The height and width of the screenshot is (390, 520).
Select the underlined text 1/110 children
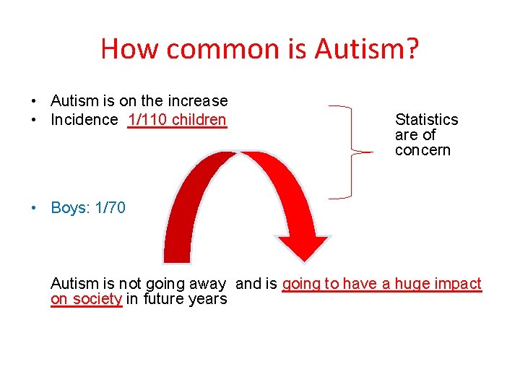click(177, 120)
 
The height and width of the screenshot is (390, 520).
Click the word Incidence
click(84, 120)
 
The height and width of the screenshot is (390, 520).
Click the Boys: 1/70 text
click(88, 208)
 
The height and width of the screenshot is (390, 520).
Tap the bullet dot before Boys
click(34, 209)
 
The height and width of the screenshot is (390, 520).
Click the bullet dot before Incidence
click(34, 121)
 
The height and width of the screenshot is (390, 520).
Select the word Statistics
click(426, 120)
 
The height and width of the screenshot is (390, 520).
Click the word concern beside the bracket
click(422, 150)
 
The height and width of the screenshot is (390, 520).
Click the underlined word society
click(97, 299)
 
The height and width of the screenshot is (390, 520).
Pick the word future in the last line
click(164, 299)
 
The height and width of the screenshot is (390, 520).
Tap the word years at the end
click(209, 299)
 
